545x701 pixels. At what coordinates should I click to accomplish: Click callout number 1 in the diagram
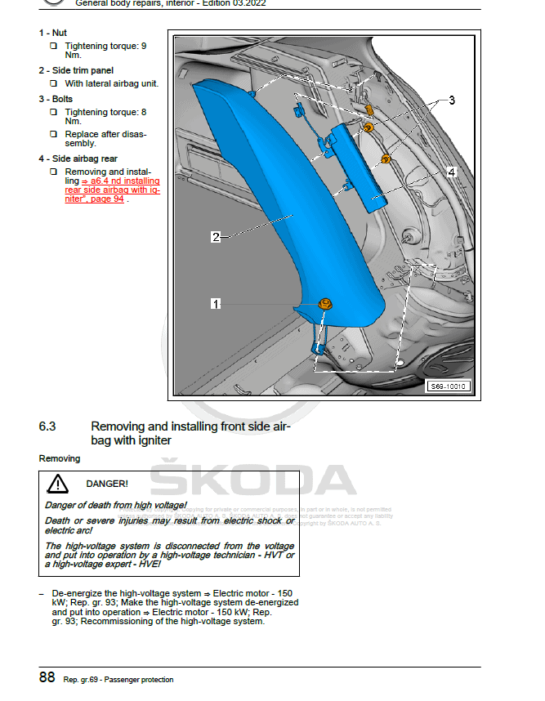[216, 303]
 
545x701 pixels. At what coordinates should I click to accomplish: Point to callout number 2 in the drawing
[216, 237]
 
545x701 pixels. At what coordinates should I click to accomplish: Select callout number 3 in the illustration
[451, 100]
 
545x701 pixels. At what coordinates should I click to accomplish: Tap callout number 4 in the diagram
[450, 172]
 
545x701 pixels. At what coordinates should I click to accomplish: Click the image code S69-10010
[449, 386]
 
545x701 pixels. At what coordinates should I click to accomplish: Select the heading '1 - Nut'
[52, 33]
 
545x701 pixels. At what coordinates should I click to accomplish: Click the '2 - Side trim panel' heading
[76, 70]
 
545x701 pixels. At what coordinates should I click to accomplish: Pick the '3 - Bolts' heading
[56, 99]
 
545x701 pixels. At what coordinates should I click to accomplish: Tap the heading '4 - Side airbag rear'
[78, 159]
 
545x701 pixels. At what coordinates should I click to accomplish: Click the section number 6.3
[47, 426]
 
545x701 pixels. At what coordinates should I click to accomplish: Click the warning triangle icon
[57, 484]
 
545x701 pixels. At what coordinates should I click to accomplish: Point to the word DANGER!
[107, 484]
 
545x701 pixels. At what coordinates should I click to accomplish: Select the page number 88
[47, 678]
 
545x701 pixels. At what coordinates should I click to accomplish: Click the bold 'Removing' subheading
[60, 458]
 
